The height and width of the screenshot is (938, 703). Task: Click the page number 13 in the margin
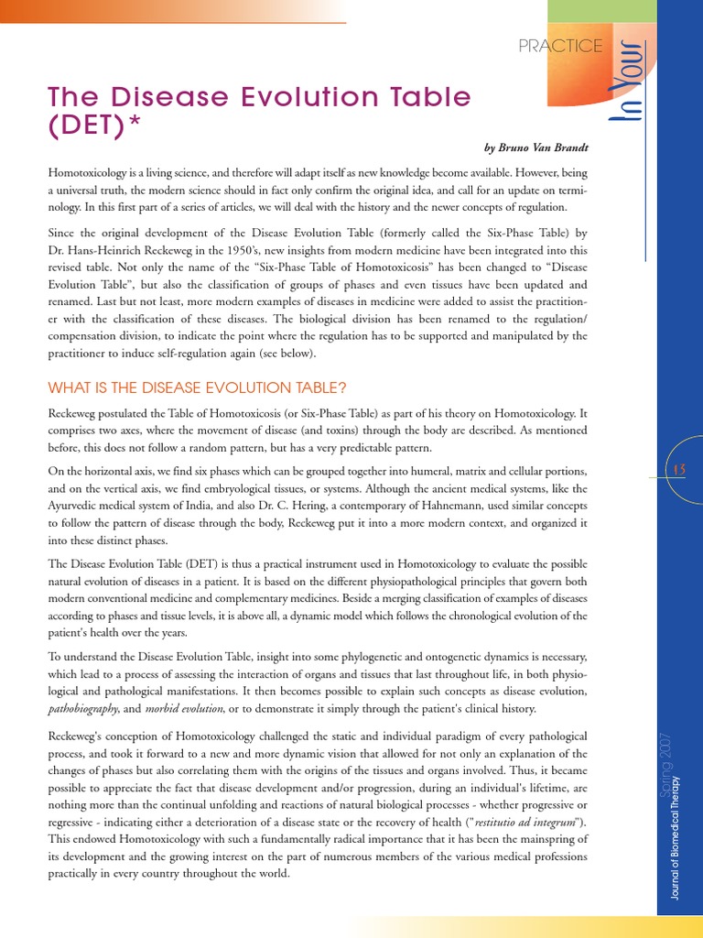[x=679, y=470]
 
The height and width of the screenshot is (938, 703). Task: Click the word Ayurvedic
[x=80, y=506]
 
